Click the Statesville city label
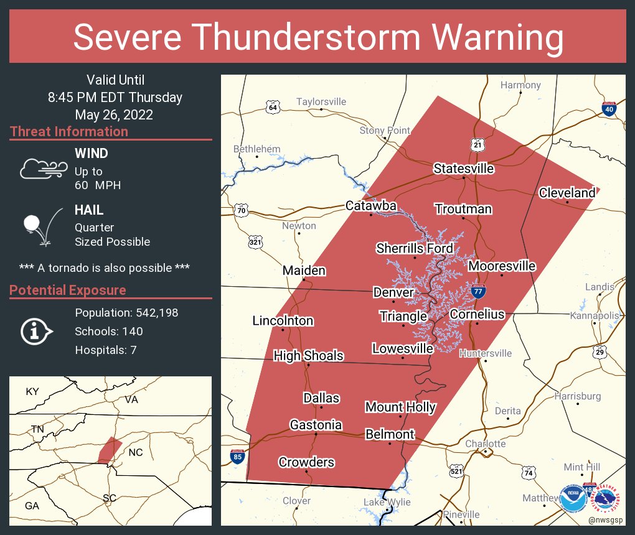point(464,169)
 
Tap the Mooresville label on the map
point(502,266)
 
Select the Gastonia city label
point(316,424)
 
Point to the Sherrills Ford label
point(415,248)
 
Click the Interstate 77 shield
point(478,291)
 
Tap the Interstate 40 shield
point(609,109)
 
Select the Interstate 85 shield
point(237,457)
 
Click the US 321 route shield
point(255,242)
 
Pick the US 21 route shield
point(477,144)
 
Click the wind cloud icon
point(42,169)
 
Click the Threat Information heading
point(69,131)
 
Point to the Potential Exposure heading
point(68,290)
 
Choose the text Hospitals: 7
point(106,350)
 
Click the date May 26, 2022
point(114,114)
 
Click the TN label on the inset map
point(38,429)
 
